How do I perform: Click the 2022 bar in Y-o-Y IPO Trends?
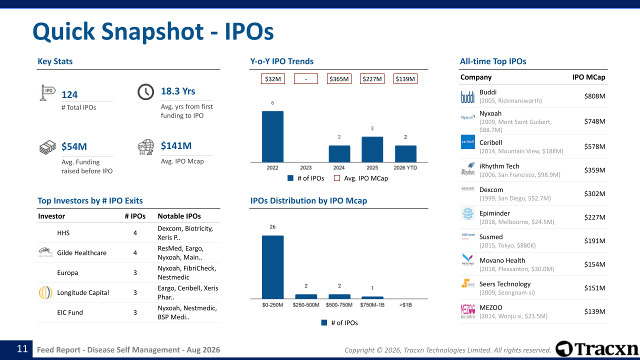coord(272,136)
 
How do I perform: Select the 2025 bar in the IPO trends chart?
coord(372,149)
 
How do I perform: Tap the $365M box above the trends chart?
coord(339,79)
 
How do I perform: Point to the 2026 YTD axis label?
coord(405,167)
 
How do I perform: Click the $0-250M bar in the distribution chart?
coord(272,267)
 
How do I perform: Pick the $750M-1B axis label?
coord(372,305)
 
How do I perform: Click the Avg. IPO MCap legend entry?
coord(361,178)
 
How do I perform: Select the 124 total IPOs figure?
coord(69,94)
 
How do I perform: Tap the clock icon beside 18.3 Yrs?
coord(145,92)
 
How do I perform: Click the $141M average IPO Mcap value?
coord(176,145)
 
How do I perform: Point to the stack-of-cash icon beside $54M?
coord(47,147)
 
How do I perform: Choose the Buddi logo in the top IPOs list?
coord(467,96)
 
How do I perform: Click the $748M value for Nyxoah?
coord(594,121)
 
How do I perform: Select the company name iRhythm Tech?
coord(499,166)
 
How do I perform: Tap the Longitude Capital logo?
coord(45,292)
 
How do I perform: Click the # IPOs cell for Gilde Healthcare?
coord(135,253)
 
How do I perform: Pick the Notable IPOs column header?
coord(179,216)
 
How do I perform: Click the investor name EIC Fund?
coord(70,312)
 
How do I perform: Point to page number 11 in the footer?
coord(22,349)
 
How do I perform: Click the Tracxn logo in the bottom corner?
coord(596,349)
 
